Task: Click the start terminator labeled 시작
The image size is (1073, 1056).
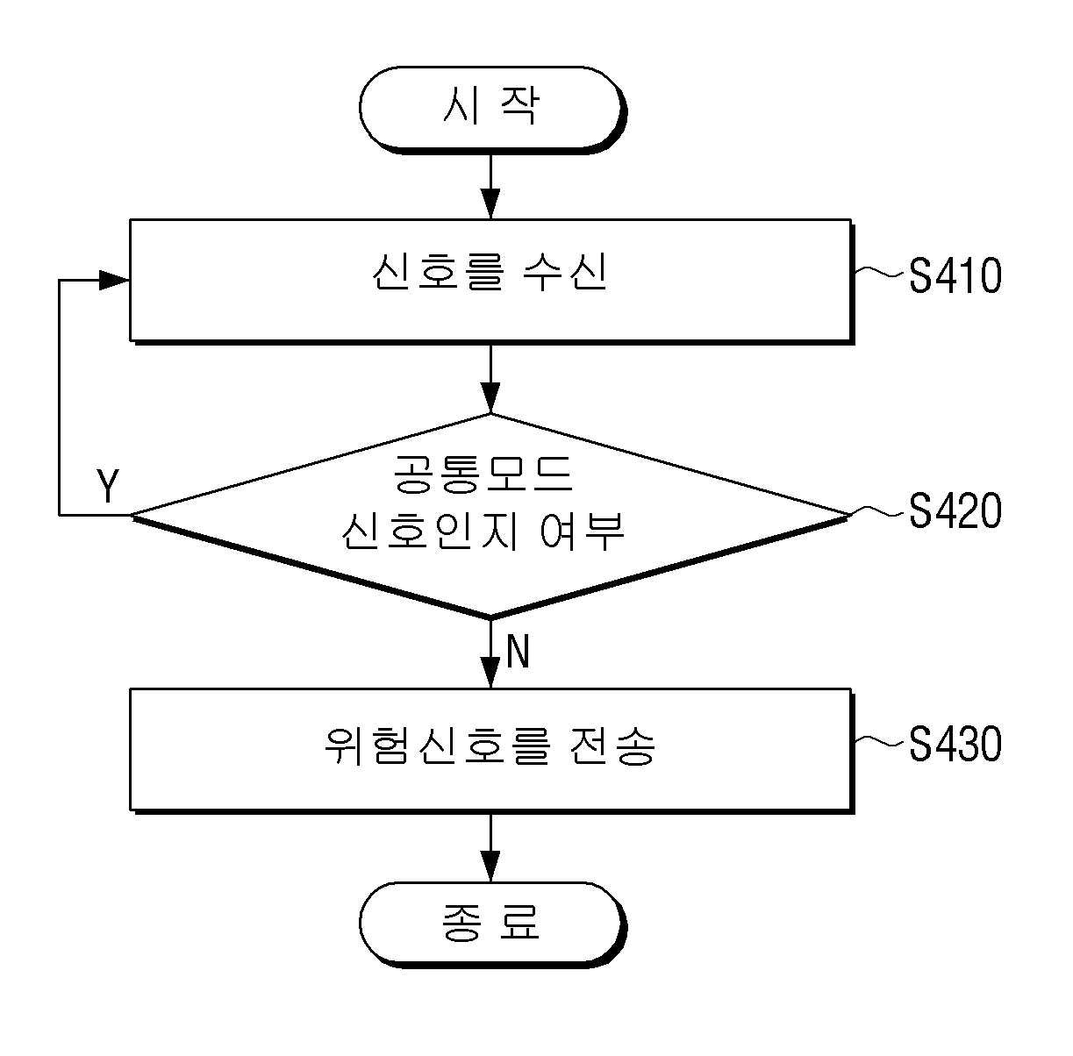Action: tap(492, 110)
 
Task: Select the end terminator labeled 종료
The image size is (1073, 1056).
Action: tap(492, 924)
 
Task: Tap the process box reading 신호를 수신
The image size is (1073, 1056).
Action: tap(491, 282)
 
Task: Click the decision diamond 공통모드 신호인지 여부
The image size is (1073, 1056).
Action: tap(490, 516)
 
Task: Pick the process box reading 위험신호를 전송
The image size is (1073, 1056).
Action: tap(491, 751)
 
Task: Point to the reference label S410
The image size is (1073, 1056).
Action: tap(955, 275)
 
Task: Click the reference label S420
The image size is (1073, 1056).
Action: tap(955, 510)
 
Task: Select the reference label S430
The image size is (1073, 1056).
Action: tap(955, 745)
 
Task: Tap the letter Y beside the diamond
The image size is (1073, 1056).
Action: tap(107, 486)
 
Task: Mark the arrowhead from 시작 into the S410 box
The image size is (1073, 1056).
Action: tap(490, 203)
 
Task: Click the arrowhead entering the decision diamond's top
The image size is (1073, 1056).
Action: tap(490, 398)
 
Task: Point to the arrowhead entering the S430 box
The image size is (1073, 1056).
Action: tap(490, 673)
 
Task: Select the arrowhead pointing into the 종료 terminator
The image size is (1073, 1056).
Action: tap(490, 867)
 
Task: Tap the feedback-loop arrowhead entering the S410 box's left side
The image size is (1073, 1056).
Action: tap(114, 281)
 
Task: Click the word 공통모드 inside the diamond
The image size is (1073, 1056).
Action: tap(483, 474)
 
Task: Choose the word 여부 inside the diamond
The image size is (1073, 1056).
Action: tap(582, 531)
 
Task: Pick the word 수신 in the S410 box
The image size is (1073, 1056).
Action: tap(565, 272)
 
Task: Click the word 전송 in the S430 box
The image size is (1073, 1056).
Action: tap(613, 746)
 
